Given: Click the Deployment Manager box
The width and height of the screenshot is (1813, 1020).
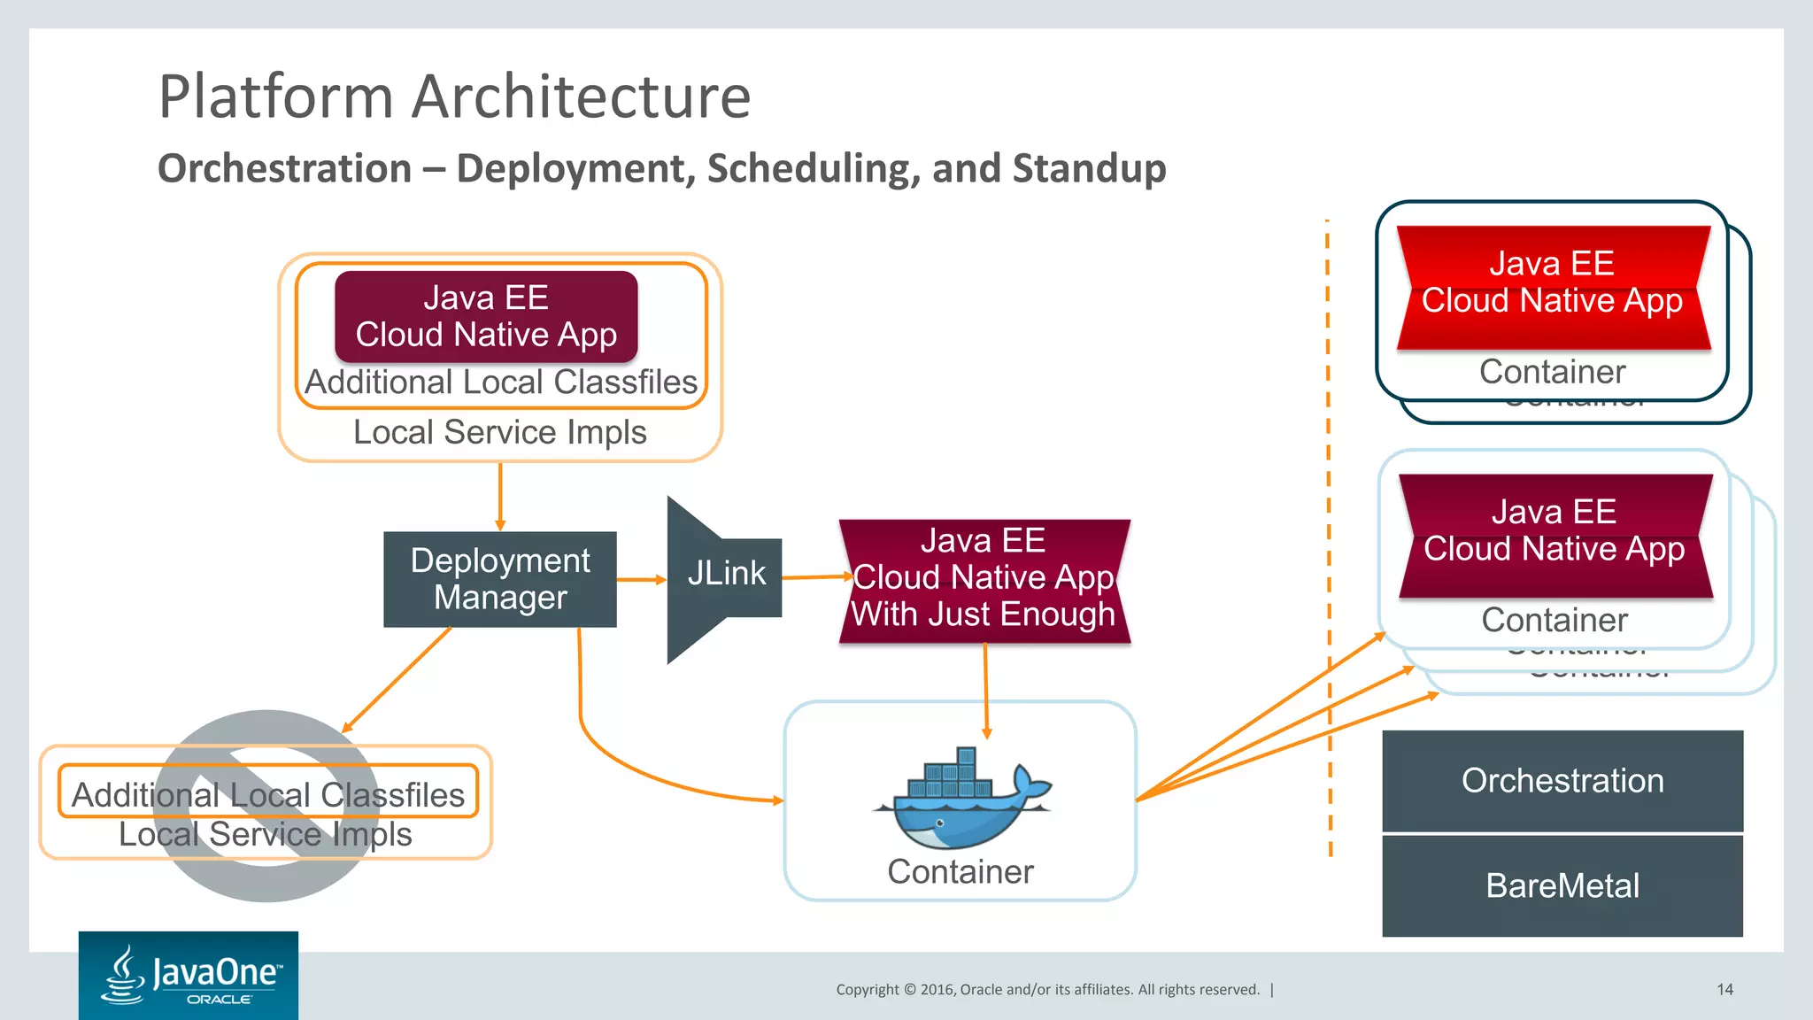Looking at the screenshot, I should [x=500, y=579].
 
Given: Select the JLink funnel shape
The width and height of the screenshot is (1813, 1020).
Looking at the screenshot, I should [x=721, y=579].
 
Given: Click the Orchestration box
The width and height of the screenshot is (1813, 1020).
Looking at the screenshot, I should [x=1562, y=781].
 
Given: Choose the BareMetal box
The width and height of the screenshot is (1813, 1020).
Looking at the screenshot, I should [x=1562, y=885].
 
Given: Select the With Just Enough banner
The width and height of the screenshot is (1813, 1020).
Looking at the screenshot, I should [x=984, y=581].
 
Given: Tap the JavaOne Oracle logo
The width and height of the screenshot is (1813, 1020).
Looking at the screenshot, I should [x=189, y=976].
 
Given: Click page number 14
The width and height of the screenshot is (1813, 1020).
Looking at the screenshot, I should [x=1724, y=990].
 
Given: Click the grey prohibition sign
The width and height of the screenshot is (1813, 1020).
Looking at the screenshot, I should [x=266, y=806].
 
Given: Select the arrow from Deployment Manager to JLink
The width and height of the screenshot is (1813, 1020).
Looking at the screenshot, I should [x=641, y=580].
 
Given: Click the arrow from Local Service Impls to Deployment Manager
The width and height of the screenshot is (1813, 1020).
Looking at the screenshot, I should [x=500, y=496].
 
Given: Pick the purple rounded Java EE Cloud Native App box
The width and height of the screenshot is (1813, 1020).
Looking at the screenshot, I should [x=486, y=317].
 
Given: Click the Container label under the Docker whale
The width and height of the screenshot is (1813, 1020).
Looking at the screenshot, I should [x=961, y=872].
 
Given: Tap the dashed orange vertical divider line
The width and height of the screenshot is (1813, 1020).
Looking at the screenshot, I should [x=1329, y=531].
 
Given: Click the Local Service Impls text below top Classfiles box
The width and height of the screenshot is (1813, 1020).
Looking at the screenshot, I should [x=500, y=433].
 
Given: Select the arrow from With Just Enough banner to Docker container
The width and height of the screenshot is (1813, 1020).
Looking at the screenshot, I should [x=985, y=691].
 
